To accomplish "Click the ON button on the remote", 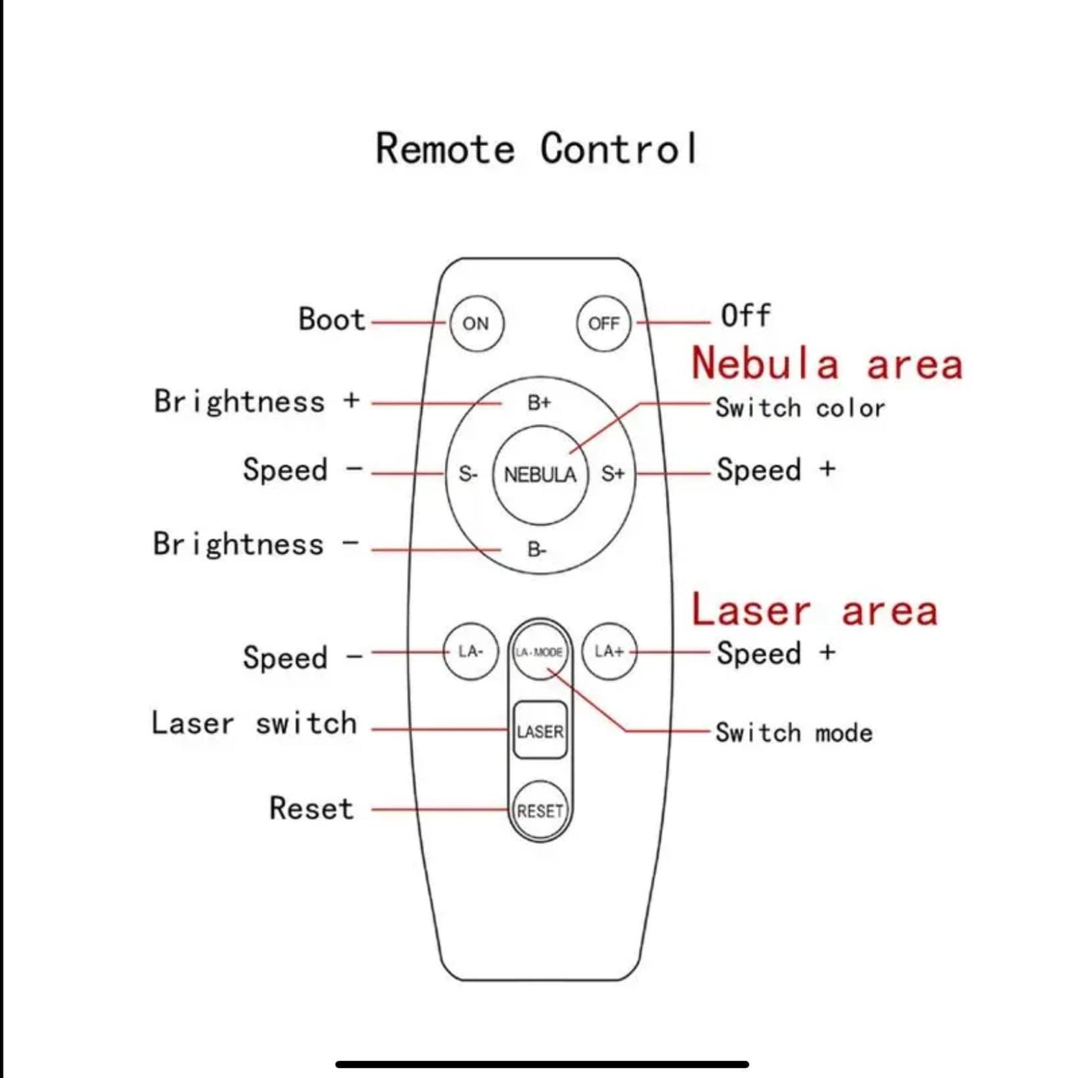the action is coord(476,323).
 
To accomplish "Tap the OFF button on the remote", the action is coord(604,323).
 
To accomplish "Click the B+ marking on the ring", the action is coord(539,402).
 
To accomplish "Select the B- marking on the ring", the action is coord(537,550).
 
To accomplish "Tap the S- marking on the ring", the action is coord(468,474).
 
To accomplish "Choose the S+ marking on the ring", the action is coord(613,474).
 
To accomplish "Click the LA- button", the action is coord(471,652).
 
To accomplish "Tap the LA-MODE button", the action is coord(540,652).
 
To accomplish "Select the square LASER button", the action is coord(540,731).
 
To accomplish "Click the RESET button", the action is coord(540,811).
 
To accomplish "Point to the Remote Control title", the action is coord(536,149).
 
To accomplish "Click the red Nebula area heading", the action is coord(826,363).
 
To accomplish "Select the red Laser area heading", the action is coord(814,611).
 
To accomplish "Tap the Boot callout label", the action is coord(332,319).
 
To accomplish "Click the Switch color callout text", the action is coord(800,408).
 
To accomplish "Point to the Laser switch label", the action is coord(254,723).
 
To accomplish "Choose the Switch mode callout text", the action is coord(794,733).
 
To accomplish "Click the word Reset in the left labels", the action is coord(312,808).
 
